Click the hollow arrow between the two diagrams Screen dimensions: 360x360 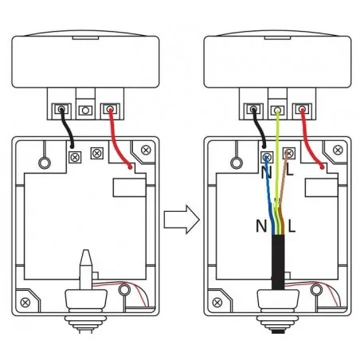click(x=182, y=220)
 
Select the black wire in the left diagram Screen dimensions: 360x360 click(x=68, y=128)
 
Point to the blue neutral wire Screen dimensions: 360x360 click(x=270, y=197)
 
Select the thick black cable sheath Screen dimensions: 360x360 click(x=278, y=262)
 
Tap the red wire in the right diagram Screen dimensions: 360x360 click(x=308, y=141)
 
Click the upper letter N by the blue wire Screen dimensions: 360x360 click(x=266, y=173)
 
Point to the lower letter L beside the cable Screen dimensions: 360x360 click(x=292, y=226)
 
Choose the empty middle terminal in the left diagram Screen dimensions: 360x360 click(x=85, y=110)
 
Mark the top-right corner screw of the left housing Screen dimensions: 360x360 click(x=146, y=151)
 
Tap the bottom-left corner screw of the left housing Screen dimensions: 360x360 click(x=25, y=303)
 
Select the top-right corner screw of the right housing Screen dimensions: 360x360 click(x=338, y=151)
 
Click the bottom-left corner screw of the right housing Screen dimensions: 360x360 click(x=217, y=303)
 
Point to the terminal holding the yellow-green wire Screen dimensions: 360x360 click(x=277, y=110)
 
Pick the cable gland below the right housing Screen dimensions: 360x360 click(x=278, y=311)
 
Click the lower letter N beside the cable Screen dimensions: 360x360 click(x=261, y=226)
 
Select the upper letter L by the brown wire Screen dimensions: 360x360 click(x=290, y=170)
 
